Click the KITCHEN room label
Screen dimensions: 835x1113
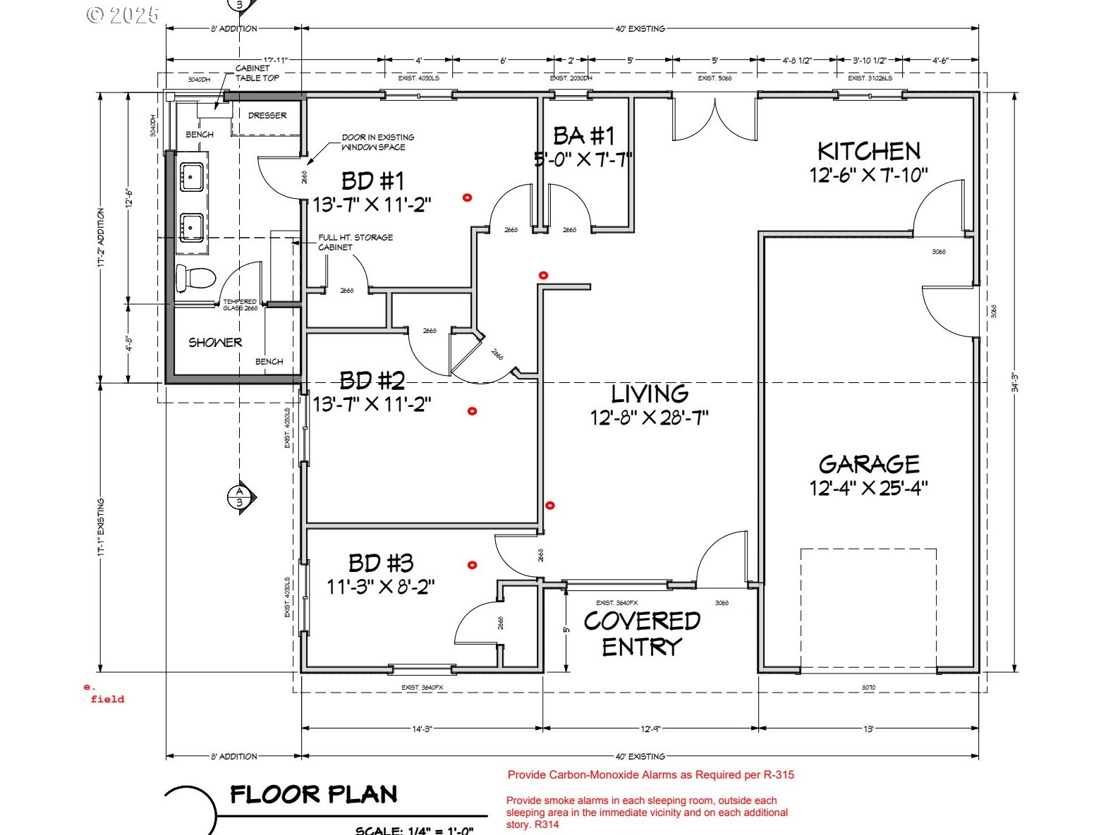868,152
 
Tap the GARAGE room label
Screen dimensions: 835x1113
869,464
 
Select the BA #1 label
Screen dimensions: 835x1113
583,135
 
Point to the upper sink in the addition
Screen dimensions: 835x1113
192,176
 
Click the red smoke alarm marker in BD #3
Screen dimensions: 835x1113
473,565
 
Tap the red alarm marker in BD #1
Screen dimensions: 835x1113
466,198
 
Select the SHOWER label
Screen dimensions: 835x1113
215,343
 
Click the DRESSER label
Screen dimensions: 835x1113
267,115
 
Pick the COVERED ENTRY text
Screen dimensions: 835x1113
642,633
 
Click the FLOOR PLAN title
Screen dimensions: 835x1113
314,795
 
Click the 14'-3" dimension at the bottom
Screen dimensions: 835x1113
422,729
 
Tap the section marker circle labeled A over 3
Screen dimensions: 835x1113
239,497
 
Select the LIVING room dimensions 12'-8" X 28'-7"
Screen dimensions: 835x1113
649,417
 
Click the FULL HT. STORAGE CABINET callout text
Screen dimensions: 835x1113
355,242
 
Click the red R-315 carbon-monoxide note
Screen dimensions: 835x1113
650,774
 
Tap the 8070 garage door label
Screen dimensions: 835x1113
868,687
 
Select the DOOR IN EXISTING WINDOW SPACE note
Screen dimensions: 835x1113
377,142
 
